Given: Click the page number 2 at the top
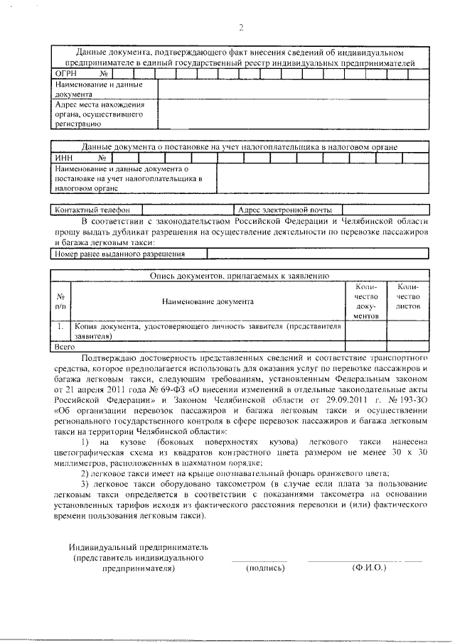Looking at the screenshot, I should [240, 28].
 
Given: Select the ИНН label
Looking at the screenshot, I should [63, 158].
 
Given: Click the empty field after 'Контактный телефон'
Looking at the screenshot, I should [188, 210].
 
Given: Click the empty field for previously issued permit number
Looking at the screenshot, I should [317, 254].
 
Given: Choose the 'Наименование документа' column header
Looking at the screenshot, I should [208, 301].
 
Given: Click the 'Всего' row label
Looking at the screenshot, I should [65, 347].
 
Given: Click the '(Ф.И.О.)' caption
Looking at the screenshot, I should [367, 568].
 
